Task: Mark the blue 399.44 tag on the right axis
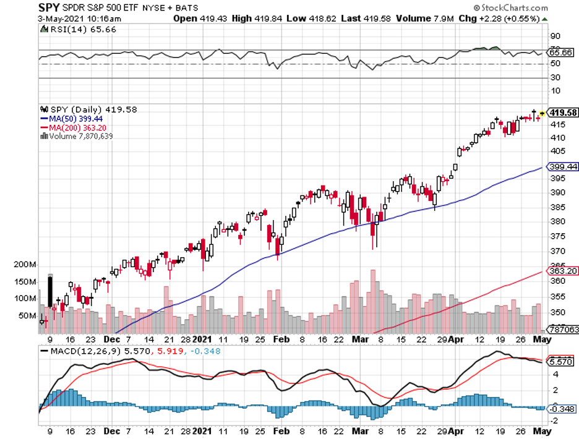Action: [563, 167]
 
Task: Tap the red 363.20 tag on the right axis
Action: [563, 271]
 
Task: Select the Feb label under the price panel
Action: [281, 339]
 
